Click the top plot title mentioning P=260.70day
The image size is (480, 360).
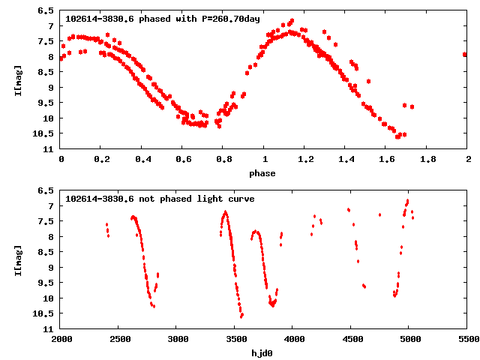pos(163,18)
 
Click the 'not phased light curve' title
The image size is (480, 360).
pos(160,199)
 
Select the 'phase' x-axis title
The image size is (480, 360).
pos(262,173)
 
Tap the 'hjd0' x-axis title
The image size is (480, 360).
pos(262,352)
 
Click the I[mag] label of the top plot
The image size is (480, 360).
pos(18,79)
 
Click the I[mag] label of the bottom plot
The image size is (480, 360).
pos(18,259)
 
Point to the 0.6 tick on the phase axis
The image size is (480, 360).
pos(182,159)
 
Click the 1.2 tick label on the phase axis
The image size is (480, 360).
pos(304,159)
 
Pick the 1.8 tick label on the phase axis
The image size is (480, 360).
pos(427,159)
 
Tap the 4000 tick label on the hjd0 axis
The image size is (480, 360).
pos(292,339)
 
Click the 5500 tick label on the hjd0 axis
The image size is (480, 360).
pos(467,339)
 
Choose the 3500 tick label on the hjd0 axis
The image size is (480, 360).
pos(235,339)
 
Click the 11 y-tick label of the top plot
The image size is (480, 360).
pos(48,149)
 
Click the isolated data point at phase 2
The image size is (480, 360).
pos(465,54)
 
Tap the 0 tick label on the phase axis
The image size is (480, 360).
pos(61,159)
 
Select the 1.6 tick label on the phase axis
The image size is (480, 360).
pos(386,159)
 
